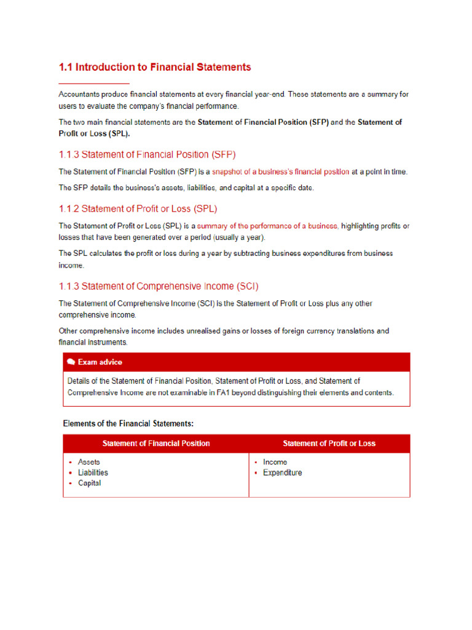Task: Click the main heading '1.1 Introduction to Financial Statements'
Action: tap(155, 67)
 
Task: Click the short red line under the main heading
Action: tap(93, 83)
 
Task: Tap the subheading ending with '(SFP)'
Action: tap(147, 154)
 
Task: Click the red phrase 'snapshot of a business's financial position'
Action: tap(280, 172)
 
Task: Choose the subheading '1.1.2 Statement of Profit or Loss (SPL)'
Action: tap(138, 209)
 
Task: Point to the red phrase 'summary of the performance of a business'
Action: tap(267, 226)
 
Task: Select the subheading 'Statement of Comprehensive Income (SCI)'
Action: tap(159, 286)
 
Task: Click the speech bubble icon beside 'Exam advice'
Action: tap(71, 362)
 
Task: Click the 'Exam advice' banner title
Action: tap(100, 362)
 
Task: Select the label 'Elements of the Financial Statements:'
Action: tap(128, 423)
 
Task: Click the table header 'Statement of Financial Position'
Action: tap(156, 444)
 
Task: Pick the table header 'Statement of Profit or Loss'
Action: tap(329, 444)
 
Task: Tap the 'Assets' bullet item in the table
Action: tap(89, 462)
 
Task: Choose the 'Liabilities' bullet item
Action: tap(93, 472)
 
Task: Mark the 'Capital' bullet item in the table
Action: tap(90, 483)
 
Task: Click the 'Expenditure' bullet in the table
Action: tap(282, 472)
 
